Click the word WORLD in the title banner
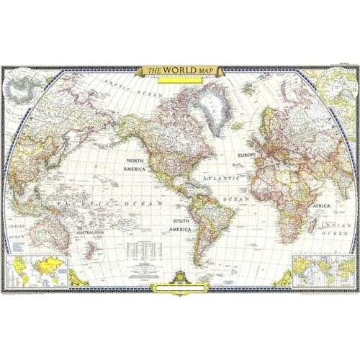click(178, 71)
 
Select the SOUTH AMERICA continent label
click(179, 225)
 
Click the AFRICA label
click(321, 205)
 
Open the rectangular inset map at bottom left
click(37, 271)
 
